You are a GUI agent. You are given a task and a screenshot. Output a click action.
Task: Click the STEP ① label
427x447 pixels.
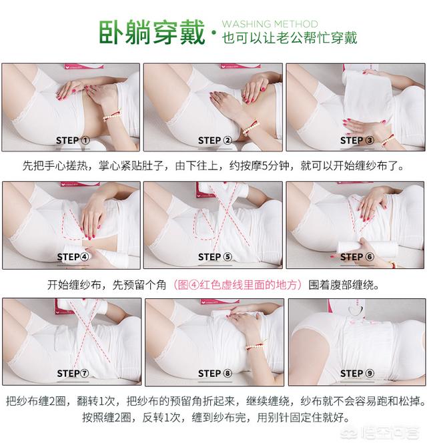coord(73,141)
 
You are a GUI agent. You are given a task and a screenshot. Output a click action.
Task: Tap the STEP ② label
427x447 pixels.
coord(215,141)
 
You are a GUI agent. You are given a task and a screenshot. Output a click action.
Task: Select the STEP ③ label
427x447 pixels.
coord(357,141)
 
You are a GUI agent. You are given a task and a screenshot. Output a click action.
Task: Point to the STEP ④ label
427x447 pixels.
coord(73,257)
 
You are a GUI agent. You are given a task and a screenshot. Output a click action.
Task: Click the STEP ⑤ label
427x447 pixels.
coord(215,257)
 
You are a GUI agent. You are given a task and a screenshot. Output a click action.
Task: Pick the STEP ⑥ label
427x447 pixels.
coord(357,257)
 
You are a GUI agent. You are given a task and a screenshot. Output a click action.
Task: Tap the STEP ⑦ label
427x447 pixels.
coord(73,374)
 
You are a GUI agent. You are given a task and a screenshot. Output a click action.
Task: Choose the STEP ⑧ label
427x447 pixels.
coord(215,374)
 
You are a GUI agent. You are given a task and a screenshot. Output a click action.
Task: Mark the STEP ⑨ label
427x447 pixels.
coord(357,374)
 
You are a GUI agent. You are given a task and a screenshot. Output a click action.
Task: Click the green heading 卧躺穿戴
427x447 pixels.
coord(152,32)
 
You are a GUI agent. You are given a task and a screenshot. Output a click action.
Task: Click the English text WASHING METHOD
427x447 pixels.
coord(270,23)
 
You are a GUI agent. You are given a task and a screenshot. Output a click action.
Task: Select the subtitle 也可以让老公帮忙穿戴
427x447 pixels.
coord(290,38)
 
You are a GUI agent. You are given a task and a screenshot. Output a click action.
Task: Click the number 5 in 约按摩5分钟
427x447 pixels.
coord(264,165)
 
